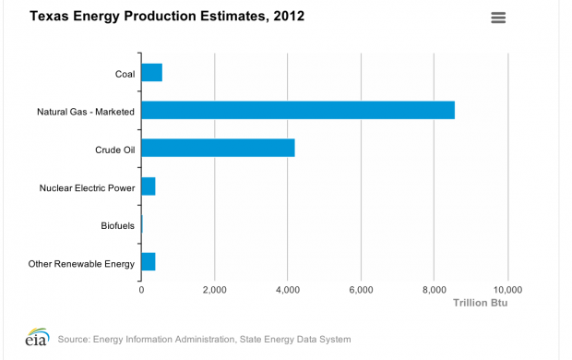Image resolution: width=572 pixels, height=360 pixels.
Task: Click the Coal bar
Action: point(151,73)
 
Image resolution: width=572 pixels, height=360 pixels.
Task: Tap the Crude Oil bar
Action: point(218,149)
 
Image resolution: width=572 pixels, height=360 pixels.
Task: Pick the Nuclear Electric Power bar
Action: point(148,187)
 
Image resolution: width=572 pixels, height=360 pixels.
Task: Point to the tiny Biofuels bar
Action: point(142,225)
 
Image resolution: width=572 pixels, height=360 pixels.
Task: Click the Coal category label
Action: point(125,74)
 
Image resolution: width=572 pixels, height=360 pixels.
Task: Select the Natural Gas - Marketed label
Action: point(86,112)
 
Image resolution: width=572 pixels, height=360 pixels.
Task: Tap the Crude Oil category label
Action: point(115,150)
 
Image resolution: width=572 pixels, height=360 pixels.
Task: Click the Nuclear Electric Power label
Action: point(87,188)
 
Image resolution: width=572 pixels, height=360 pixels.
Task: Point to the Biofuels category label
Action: point(118,226)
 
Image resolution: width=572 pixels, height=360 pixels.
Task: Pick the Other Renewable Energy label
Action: point(81,264)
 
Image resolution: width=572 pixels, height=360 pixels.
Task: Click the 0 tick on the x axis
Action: point(141,289)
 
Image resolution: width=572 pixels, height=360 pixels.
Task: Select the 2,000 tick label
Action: point(214,289)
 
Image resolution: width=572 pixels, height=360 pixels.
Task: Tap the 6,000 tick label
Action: point(361,289)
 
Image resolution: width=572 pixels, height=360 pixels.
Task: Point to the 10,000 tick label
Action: point(506,289)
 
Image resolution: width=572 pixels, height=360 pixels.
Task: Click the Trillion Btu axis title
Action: point(480,303)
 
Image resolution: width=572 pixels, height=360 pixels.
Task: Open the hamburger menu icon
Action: point(499,18)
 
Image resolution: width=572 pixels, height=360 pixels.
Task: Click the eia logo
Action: point(37,337)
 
